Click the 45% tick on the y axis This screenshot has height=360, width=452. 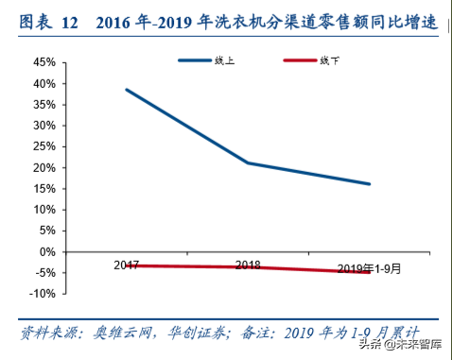click(x=42, y=62)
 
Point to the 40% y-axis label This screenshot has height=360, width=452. click(x=42, y=83)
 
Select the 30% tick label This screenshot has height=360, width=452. click(x=42, y=126)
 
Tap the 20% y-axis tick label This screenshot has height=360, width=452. click(x=42, y=167)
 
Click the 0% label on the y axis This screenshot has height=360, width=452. click(x=44, y=252)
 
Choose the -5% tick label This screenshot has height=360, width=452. click(x=42, y=273)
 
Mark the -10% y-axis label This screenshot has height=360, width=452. click(x=40, y=294)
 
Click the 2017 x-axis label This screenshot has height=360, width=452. click(x=126, y=266)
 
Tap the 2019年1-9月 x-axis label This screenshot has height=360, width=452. click(x=368, y=268)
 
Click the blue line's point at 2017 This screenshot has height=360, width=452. click(x=126, y=90)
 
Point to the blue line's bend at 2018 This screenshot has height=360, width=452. click(x=248, y=163)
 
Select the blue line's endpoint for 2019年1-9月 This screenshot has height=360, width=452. click(x=370, y=184)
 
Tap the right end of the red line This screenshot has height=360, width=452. click(x=370, y=272)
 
